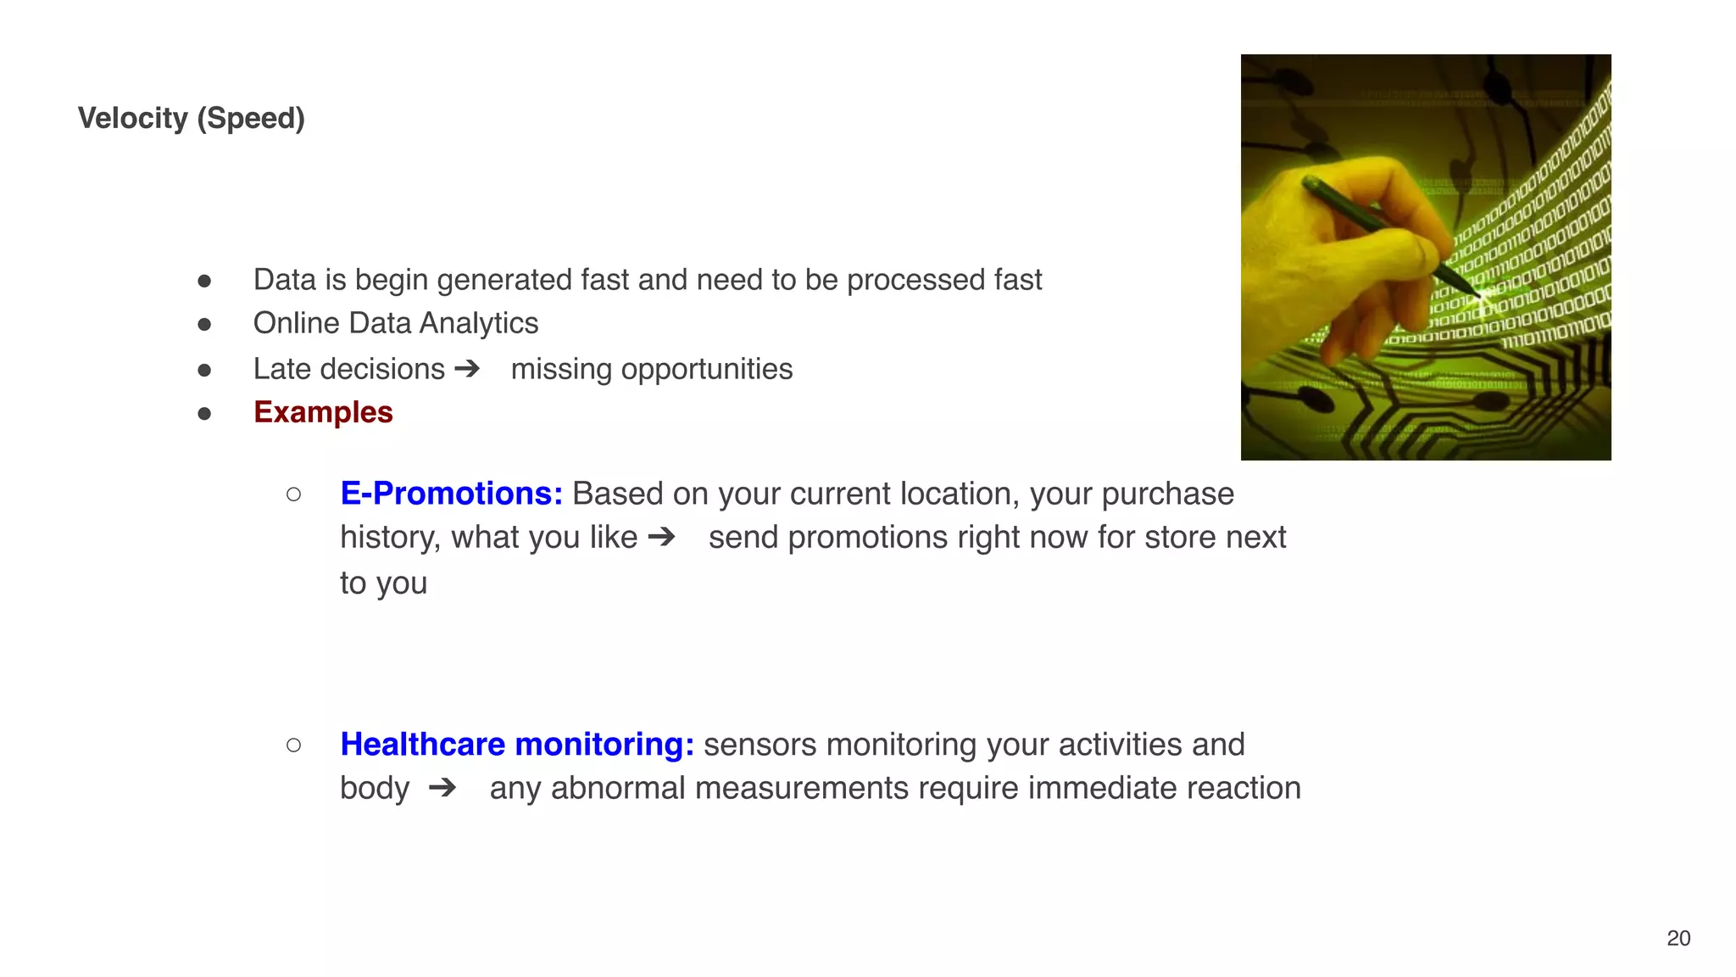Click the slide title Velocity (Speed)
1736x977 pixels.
[191, 118]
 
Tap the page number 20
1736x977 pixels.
[1678, 938]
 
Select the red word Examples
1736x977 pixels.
[323, 412]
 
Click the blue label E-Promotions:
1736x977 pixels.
[451, 494]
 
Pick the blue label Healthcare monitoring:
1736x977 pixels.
[517, 745]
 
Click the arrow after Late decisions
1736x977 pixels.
[467, 369]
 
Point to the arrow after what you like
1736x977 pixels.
[661, 537]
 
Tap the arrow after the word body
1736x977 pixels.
[442, 788]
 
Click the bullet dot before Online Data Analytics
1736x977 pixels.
[204, 325]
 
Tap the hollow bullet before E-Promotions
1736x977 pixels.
[293, 494]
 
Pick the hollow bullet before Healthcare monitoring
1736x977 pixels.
[293, 745]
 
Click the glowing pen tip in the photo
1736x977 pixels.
[1480, 296]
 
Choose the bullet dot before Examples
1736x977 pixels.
[204, 414]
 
